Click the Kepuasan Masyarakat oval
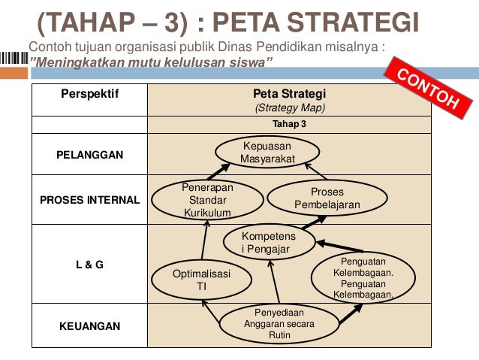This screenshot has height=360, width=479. point(267,153)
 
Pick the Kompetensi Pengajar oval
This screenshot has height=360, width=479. point(268,243)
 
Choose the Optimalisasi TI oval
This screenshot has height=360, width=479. point(201,280)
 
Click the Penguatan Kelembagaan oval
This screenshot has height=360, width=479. point(363,278)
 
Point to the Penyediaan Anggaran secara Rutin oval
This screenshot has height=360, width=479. point(279,325)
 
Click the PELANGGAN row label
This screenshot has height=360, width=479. point(90,155)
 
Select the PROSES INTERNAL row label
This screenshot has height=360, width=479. point(90,200)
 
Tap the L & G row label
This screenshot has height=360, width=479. point(90,265)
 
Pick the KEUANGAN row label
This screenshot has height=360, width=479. point(90,326)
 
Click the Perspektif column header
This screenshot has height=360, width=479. point(90,95)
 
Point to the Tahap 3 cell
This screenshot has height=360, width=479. point(288,124)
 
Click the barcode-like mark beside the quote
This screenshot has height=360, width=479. point(14,59)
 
